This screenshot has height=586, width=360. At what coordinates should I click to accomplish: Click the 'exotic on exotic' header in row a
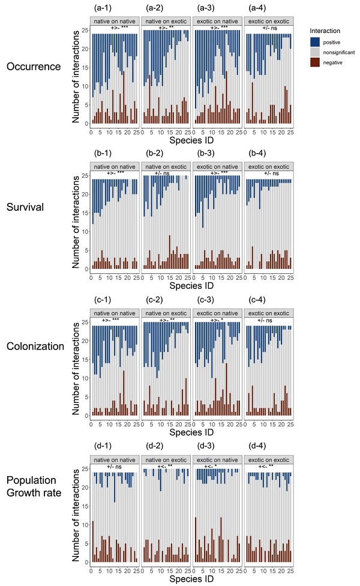(268, 22)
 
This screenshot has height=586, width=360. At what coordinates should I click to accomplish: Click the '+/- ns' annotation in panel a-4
(268, 28)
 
